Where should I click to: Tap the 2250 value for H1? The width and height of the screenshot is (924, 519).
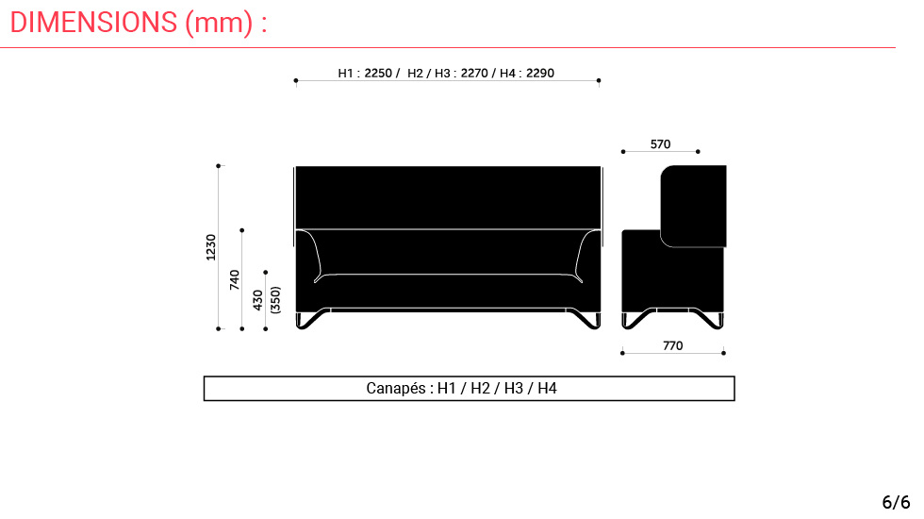tap(378, 74)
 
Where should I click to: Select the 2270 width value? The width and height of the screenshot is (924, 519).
tap(474, 74)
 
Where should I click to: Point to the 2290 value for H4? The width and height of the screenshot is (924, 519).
tap(540, 74)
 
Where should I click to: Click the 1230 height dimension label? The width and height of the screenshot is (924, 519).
tap(211, 247)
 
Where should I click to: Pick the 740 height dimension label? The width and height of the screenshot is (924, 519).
tap(235, 279)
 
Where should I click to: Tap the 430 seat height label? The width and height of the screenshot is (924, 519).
tap(258, 300)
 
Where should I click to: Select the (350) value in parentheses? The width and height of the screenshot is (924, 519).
tap(275, 300)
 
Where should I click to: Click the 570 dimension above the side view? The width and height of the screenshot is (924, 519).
tap(661, 143)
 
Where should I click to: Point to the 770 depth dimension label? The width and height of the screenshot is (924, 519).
tap(673, 345)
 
